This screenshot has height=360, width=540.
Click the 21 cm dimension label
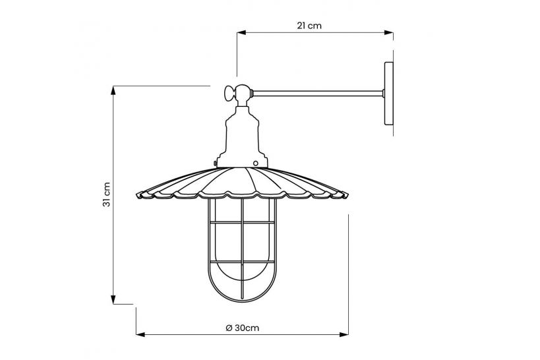pyautogui.click(x=309, y=26)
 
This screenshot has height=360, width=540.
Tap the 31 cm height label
pyautogui.click(x=106, y=195)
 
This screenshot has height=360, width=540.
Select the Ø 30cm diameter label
pyautogui.click(x=241, y=328)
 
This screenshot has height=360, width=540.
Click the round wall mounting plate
pyautogui.click(x=388, y=94)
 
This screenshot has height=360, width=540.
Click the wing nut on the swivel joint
pyautogui.click(x=228, y=93)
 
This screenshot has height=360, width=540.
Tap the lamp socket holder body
pyautogui.click(x=242, y=135)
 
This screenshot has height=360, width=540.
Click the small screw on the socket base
pyautogui.click(x=255, y=162)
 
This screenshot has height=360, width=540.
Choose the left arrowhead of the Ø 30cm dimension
pyautogui.click(x=138, y=334)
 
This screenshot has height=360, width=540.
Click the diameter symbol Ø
pyautogui.click(x=227, y=328)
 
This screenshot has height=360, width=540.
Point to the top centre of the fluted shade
pyautogui.click(x=242, y=169)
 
